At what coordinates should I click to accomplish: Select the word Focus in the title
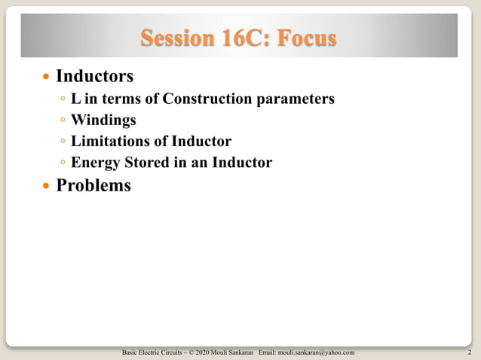coord(305,38)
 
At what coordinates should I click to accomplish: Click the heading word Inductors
coord(94,76)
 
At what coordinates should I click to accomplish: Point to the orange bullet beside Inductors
coord(47,77)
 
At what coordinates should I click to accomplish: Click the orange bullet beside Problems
coord(47,185)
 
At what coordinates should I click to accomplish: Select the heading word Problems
coord(93,185)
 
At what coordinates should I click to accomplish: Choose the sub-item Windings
coord(103,120)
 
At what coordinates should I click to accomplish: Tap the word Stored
coord(145,162)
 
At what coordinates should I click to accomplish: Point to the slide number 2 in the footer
coord(470,352)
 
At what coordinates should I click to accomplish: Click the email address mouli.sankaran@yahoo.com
coord(317,352)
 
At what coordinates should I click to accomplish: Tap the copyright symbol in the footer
coord(189,352)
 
